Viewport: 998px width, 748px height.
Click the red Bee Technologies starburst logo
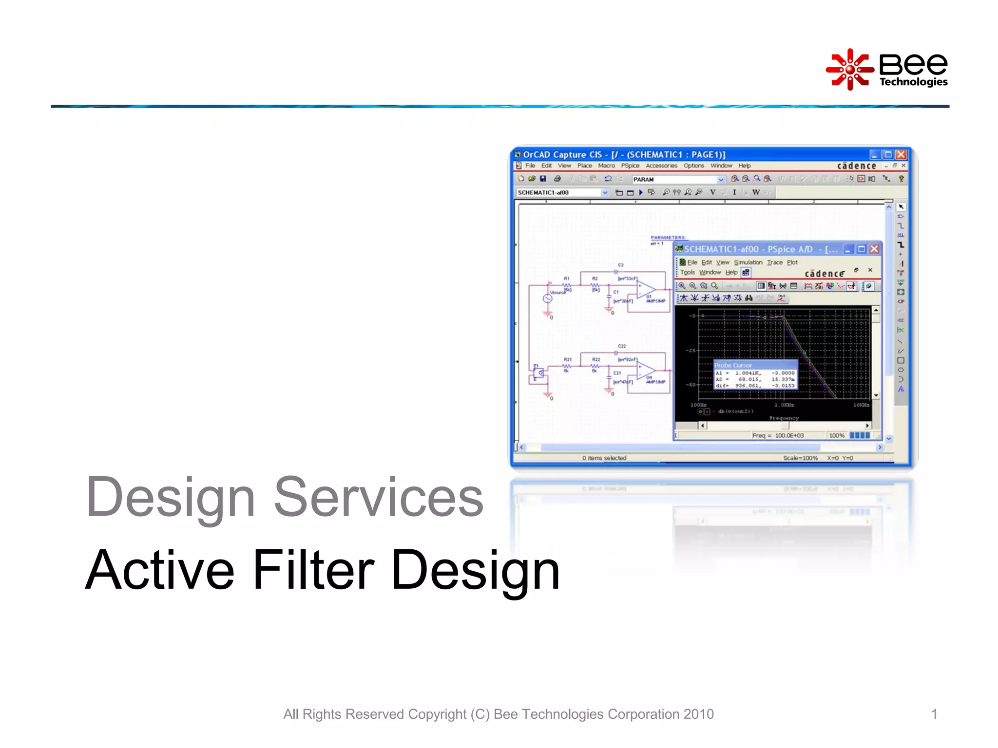click(849, 69)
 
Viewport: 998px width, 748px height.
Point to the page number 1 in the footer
click(934, 714)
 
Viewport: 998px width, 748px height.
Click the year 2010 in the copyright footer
click(698, 714)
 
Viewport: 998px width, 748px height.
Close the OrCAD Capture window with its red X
click(901, 154)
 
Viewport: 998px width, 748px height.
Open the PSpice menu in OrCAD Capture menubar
click(630, 166)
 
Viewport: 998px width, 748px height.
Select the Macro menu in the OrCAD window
click(606, 166)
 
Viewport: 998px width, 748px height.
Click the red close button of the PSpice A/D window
click(874, 249)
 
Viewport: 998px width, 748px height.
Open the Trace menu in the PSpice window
click(774, 262)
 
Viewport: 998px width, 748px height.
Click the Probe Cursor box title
click(733, 365)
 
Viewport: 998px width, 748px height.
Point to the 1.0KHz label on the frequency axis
click(784, 405)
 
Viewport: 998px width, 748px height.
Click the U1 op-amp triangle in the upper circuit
click(646, 289)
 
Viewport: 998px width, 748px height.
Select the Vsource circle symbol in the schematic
click(548, 299)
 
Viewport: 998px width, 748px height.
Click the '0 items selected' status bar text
click(604, 458)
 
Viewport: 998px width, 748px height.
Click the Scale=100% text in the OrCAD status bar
click(800, 458)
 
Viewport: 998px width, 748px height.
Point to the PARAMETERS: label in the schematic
click(668, 237)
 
